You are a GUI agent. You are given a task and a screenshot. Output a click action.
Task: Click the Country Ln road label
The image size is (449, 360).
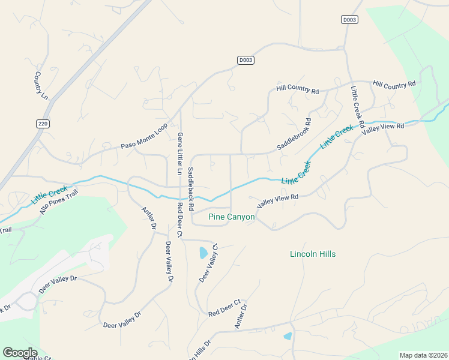(40, 86)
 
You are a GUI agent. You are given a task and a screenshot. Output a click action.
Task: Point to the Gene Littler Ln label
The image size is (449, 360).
(179, 154)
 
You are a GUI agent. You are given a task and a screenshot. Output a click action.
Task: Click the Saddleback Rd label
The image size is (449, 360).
(191, 188)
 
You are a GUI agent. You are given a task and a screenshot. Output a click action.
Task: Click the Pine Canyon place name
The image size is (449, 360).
(231, 217)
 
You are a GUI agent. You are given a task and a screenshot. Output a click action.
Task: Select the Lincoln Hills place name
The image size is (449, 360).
(313, 254)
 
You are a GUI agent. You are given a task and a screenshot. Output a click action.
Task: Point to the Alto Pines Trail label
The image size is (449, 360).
(59, 202)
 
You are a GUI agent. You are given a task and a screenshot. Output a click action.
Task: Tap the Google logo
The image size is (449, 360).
(20, 353)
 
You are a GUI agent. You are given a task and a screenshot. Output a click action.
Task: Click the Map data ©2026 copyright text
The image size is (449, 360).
(423, 355)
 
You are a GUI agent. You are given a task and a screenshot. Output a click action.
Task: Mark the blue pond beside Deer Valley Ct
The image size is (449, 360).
(203, 253)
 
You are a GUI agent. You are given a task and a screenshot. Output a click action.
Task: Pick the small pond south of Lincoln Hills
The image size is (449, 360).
(288, 336)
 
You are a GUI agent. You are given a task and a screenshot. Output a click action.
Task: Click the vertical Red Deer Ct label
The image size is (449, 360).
(179, 220)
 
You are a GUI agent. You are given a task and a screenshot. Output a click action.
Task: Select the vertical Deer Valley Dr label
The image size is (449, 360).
(169, 262)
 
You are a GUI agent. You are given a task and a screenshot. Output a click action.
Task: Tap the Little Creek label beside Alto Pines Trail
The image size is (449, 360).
(50, 193)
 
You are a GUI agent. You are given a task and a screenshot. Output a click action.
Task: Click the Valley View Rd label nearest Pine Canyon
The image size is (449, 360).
(278, 200)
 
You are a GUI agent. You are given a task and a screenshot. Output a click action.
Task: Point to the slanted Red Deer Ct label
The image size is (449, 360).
(224, 308)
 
